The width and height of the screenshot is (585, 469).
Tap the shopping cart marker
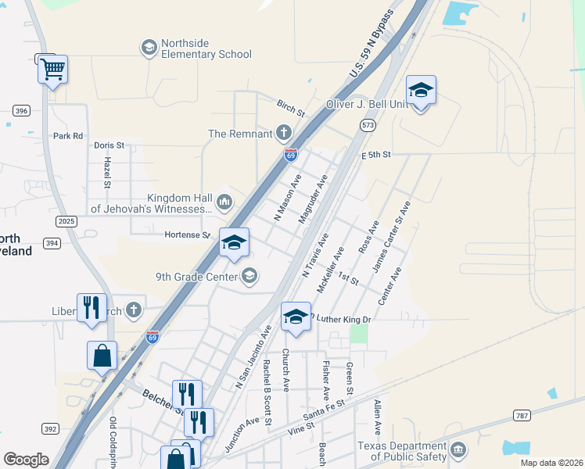tap(52, 70)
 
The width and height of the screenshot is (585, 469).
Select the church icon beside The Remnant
tap(283, 134)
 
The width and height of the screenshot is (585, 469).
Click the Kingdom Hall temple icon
tap(224, 203)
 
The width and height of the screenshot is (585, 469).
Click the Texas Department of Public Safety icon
tap(458, 450)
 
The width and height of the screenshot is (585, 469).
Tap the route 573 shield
tap(368, 124)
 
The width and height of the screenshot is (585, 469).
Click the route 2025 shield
tap(66, 222)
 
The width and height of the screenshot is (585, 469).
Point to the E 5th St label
tap(375, 156)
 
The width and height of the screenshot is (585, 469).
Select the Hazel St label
tap(107, 173)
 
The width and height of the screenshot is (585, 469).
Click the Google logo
tap(26, 460)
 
